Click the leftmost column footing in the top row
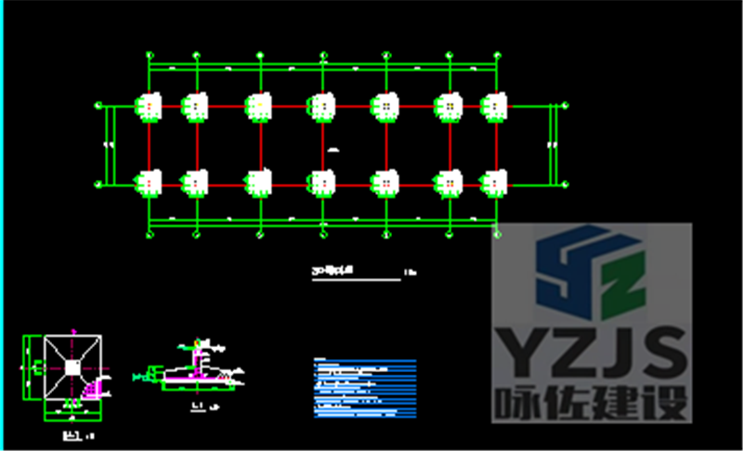coord(150,106)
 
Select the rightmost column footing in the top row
coord(493,106)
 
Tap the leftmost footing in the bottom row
coord(150,183)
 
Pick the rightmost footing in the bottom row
coord(493,183)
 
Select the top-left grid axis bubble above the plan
coord(150,56)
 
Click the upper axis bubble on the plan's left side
coord(98,106)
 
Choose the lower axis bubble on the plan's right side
coord(564,183)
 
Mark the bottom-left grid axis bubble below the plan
coord(150,235)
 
